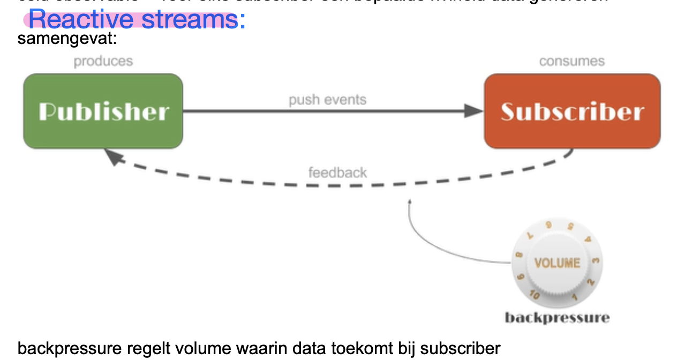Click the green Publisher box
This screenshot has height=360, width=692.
point(103,111)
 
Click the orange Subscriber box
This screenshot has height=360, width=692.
point(572,111)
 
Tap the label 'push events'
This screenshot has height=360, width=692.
point(327,100)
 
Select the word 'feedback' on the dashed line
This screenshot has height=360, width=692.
point(337,172)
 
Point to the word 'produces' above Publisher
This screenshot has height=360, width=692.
point(103,61)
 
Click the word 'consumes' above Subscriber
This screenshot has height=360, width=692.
point(571,61)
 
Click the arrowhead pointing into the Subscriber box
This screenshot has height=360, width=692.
point(473,111)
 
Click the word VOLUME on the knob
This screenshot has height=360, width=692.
point(557,262)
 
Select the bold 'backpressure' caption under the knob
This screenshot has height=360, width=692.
point(557,318)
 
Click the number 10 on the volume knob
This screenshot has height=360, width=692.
point(534,294)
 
